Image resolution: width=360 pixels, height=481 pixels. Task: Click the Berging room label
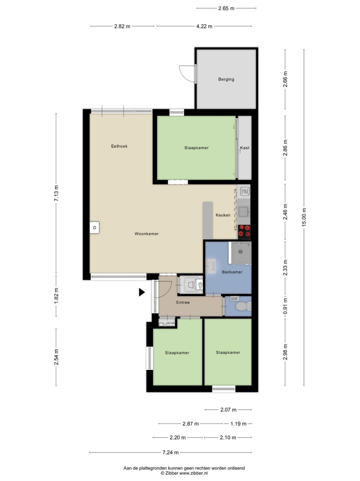tap(226, 79)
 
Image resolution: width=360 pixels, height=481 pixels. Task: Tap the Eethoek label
tap(119, 147)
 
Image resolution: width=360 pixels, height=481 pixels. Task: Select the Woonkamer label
tap(146, 234)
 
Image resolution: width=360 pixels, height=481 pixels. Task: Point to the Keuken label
tap(223, 215)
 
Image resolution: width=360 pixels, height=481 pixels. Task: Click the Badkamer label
tap(232, 272)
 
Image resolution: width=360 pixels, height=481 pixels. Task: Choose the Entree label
tap(183, 302)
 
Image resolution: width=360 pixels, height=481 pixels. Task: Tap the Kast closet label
tap(244, 148)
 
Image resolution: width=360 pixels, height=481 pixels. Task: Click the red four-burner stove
tap(244, 232)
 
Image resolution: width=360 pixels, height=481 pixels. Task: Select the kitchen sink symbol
tap(244, 212)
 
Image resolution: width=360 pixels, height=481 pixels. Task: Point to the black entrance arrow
tap(142, 292)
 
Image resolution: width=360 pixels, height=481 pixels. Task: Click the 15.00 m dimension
tap(304, 217)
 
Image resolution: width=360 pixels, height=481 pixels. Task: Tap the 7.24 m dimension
tap(171, 452)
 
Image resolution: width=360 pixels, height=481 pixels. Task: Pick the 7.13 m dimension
tap(56, 194)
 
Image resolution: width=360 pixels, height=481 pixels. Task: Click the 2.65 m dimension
tap(226, 8)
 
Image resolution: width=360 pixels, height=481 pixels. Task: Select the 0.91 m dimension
tap(285, 306)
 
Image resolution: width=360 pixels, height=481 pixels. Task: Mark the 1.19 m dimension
tap(239, 424)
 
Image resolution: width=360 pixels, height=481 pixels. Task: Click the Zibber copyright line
tap(184, 473)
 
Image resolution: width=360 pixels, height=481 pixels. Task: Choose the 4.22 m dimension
tap(204, 26)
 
